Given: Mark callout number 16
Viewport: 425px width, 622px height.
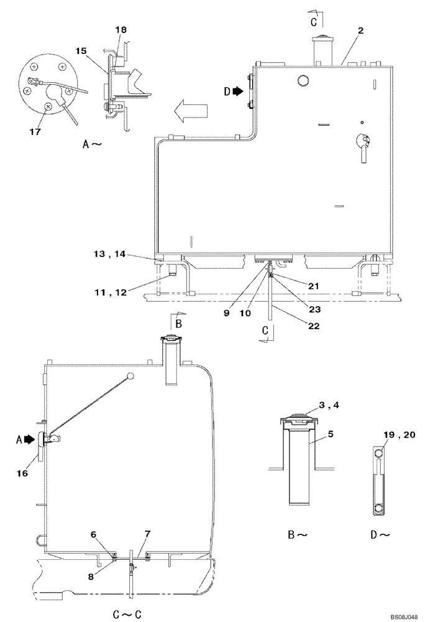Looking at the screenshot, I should point(22,473).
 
